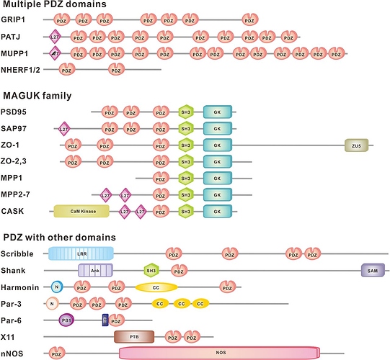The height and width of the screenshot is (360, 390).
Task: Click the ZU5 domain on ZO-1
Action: click(x=356, y=145)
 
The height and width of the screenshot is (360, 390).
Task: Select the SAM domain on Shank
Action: click(x=373, y=270)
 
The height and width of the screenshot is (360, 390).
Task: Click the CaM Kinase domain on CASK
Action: click(x=81, y=210)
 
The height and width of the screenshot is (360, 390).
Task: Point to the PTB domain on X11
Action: click(x=134, y=336)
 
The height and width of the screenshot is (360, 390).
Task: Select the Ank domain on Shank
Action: click(x=94, y=270)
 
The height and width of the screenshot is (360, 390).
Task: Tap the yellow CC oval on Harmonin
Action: click(x=156, y=287)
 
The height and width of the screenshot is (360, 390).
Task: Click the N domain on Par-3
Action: click(x=53, y=303)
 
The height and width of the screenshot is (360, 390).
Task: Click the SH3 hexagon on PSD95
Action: click(x=185, y=112)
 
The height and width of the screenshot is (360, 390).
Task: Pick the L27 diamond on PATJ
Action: click(x=54, y=36)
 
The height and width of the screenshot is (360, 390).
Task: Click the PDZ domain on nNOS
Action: click(x=55, y=353)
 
